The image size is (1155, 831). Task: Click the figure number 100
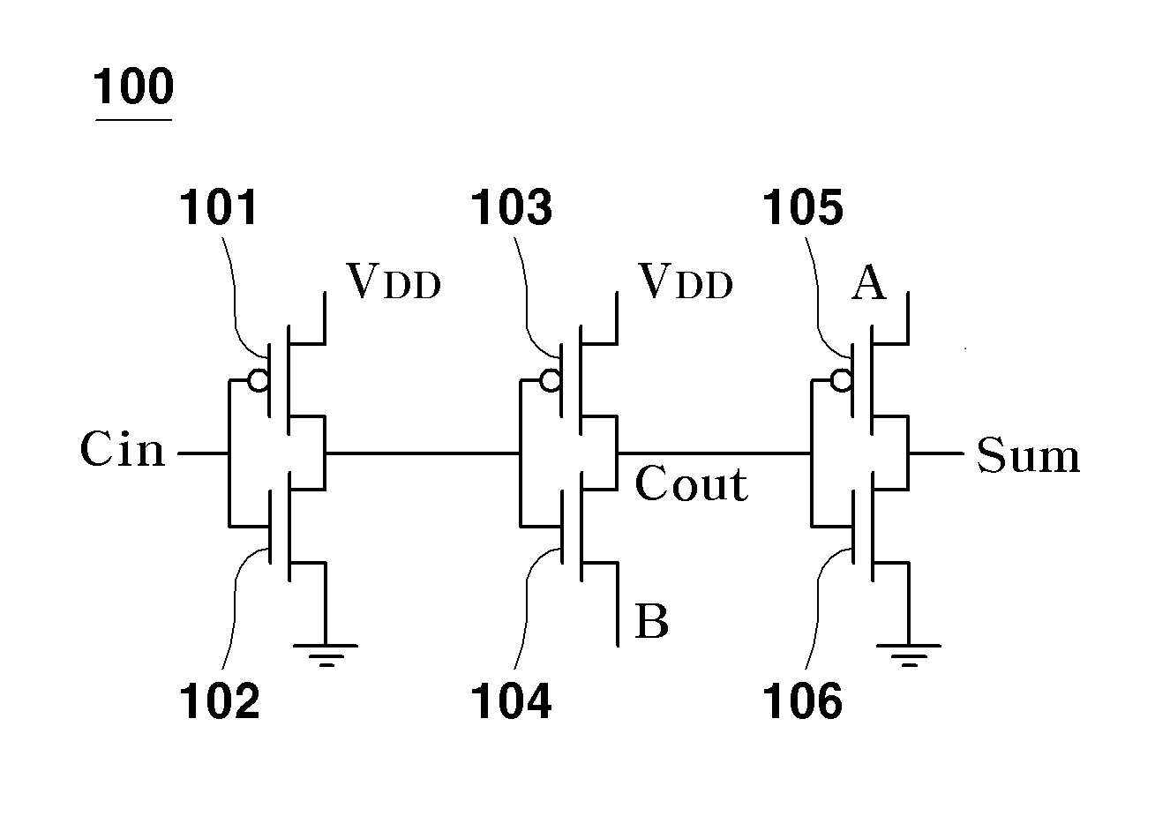pyautogui.click(x=133, y=86)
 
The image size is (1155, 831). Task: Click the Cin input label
pyautogui.click(x=123, y=449)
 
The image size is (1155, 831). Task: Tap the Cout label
pyautogui.click(x=691, y=483)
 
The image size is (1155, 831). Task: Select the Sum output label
pyautogui.click(x=1028, y=454)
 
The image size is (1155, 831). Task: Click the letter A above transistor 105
pyautogui.click(x=869, y=282)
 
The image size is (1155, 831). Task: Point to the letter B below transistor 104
pyautogui.click(x=652, y=621)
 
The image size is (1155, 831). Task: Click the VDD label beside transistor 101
pyautogui.click(x=394, y=281)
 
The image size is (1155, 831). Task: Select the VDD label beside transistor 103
pyautogui.click(x=686, y=281)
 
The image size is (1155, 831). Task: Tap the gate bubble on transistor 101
pyautogui.click(x=258, y=381)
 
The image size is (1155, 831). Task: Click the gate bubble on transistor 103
pyautogui.click(x=551, y=381)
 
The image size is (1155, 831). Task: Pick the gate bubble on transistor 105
pyautogui.click(x=842, y=381)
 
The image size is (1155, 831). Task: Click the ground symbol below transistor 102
pyautogui.click(x=326, y=655)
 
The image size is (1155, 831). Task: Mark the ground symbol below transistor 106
pyautogui.click(x=909, y=655)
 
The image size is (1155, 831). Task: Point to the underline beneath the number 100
pyautogui.click(x=133, y=120)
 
